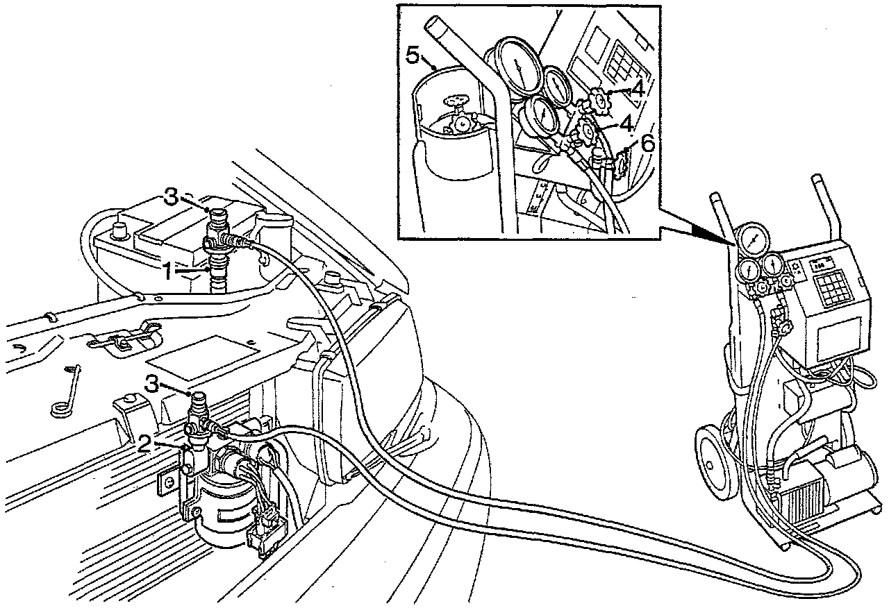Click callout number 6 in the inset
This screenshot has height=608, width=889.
click(647, 144)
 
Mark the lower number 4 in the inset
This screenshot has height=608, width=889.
click(626, 124)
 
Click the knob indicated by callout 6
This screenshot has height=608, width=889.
click(622, 162)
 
